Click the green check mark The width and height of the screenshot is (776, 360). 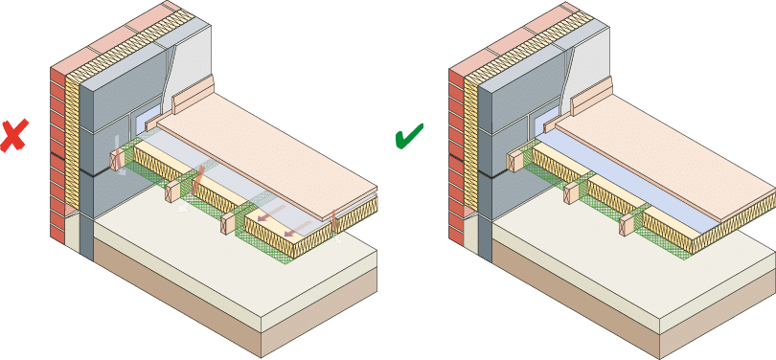click(x=409, y=138)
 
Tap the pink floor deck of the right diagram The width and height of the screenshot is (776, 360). click(x=671, y=153)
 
